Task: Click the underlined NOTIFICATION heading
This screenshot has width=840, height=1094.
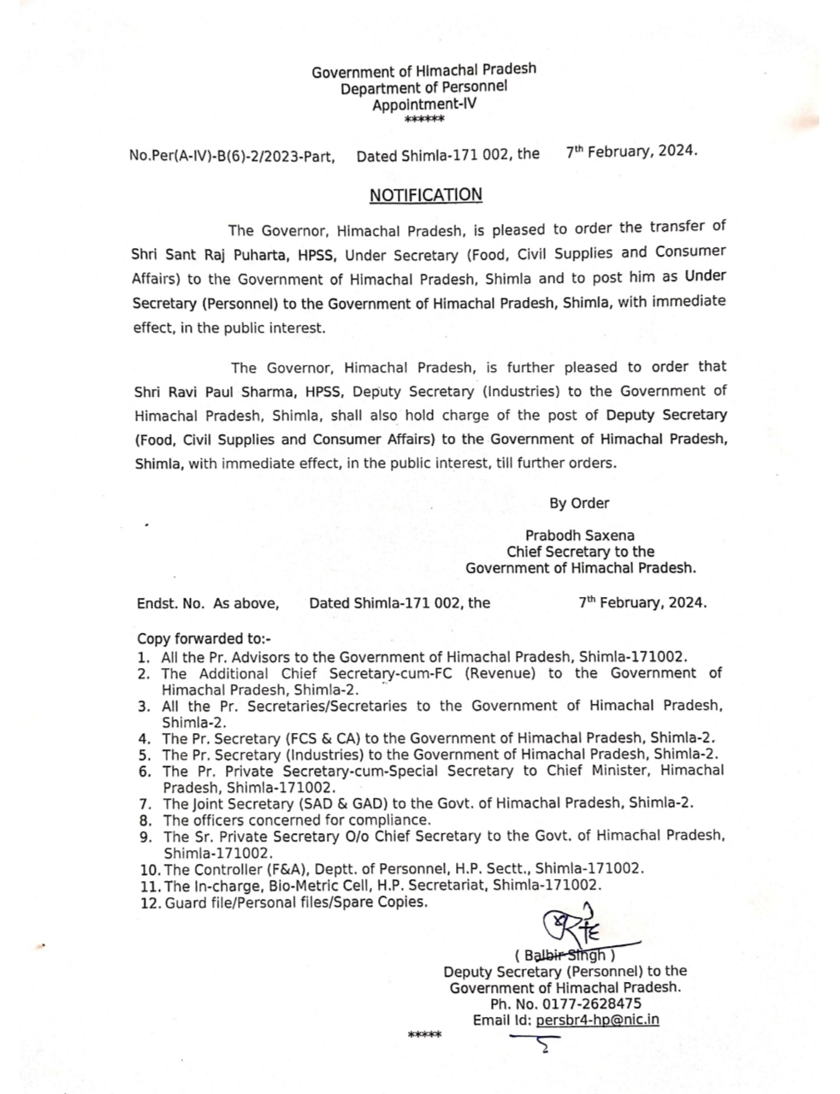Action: point(425,195)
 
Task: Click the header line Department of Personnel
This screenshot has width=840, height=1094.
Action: point(423,87)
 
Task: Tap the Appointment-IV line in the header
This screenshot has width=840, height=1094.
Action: point(424,104)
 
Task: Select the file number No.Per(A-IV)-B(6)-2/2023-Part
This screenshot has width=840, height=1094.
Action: point(232,157)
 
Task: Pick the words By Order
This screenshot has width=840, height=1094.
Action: point(579,503)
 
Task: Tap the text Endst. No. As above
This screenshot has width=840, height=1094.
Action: point(208,603)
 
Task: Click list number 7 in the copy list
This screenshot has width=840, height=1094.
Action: point(145,803)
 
